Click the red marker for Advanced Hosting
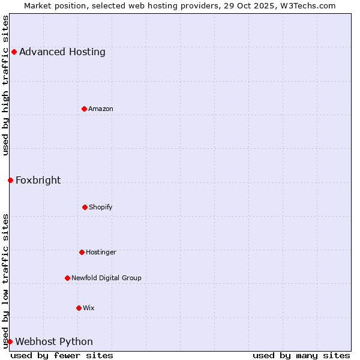tap(14, 52)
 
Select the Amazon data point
tap(84, 109)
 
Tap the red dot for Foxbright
tap(10, 180)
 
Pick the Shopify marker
tap(85, 207)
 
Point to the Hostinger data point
tap(82, 252)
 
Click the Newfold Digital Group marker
tap(67, 278)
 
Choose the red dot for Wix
tap(79, 308)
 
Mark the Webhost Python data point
tap(10, 341)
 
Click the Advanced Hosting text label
tap(62, 52)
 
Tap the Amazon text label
tap(101, 109)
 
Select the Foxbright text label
tap(38, 180)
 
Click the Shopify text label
tap(101, 207)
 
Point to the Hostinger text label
tap(101, 252)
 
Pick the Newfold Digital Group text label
tap(106, 278)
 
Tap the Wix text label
tap(89, 308)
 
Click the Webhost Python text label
tap(54, 341)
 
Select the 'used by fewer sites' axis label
tap(62, 355)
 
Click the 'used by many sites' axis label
tap(301, 355)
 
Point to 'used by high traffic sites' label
tap(5, 85)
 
